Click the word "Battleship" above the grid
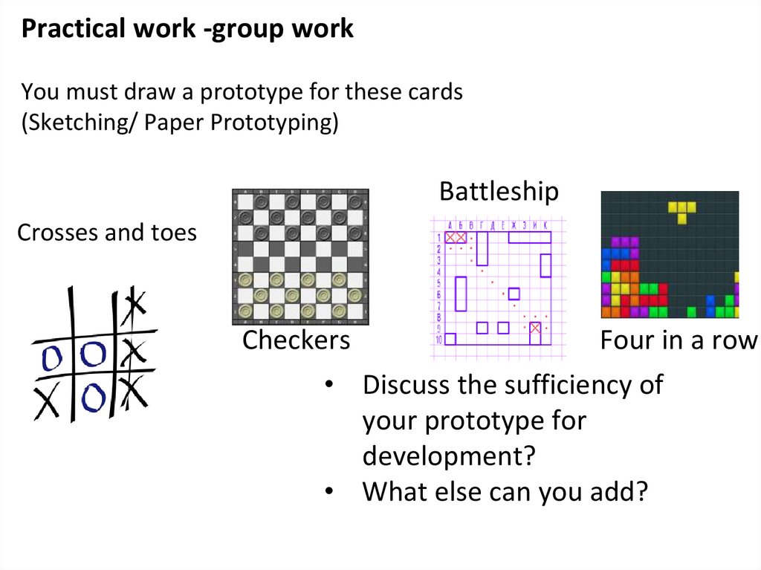[499, 191]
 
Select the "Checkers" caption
[296, 340]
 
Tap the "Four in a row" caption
[678, 340]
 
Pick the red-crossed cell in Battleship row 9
[535, 327]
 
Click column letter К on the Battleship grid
[545, 225]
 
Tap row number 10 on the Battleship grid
[438, 340]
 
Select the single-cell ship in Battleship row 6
[514, 293]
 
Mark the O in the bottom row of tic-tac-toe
[92, 398]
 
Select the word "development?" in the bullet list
[449, 456]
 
